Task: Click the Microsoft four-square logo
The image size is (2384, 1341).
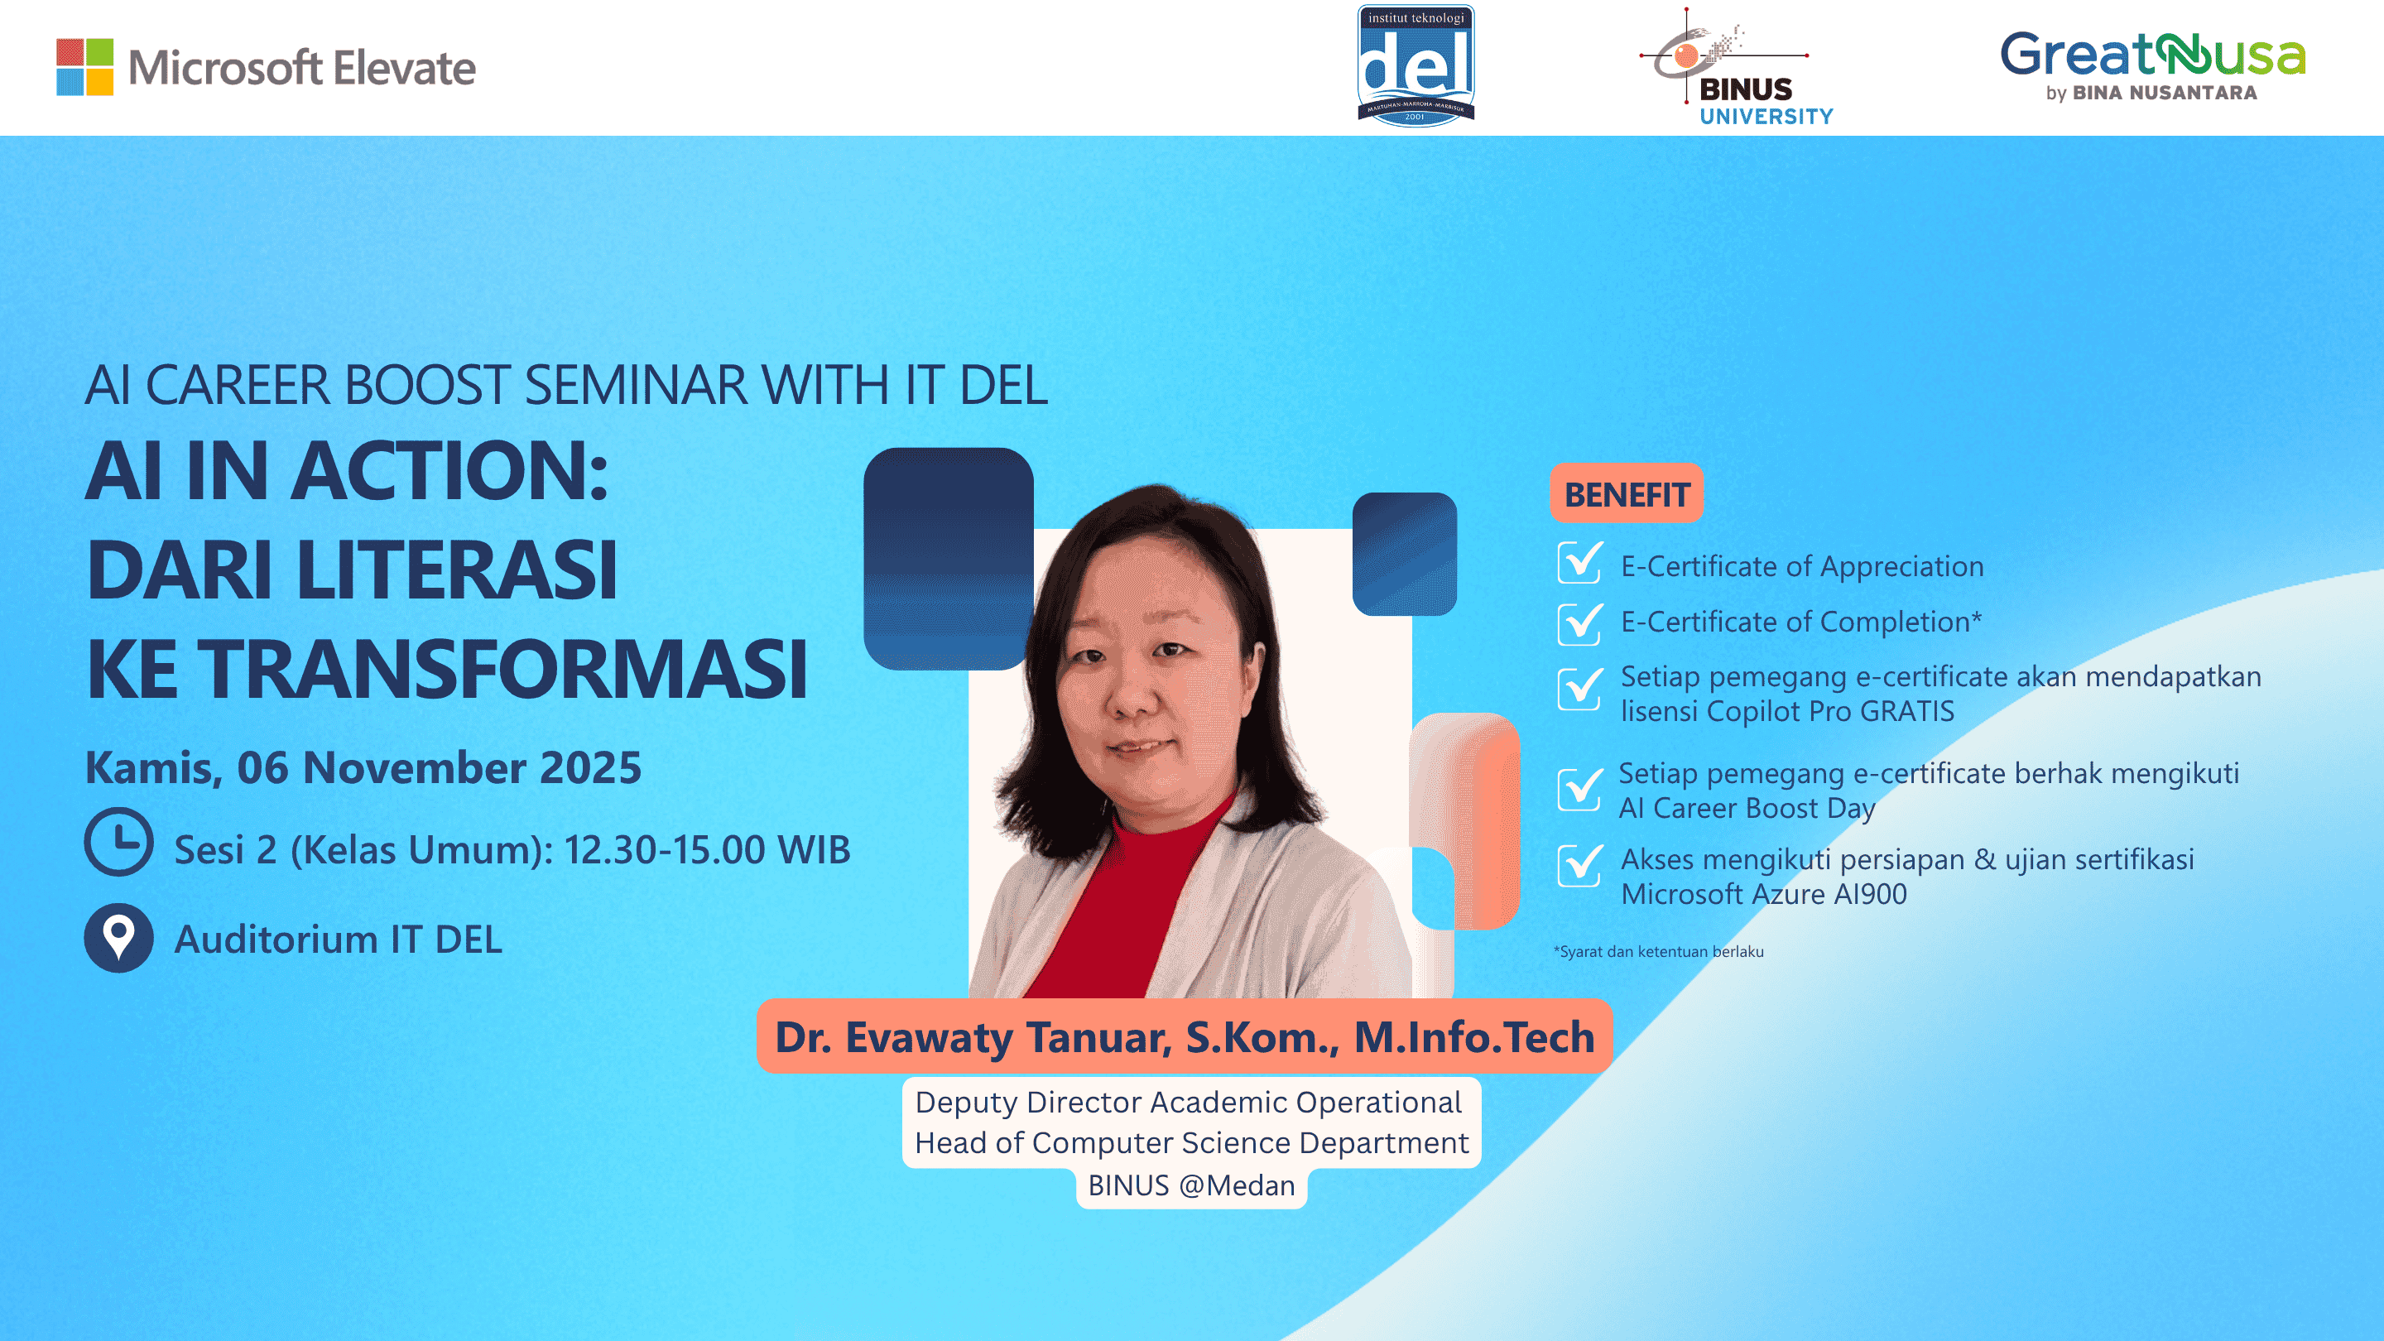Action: point(84,66)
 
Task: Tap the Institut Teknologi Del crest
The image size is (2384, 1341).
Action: point(1415,65)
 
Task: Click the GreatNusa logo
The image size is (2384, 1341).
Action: point(2151,65)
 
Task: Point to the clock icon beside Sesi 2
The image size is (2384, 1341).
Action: point(118,842)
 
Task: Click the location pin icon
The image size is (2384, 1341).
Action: point(118,938)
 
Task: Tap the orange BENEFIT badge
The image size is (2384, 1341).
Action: point(1626,494)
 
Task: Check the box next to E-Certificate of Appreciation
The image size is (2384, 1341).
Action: point(1579,564)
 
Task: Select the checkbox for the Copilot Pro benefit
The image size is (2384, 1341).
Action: point(1579,690)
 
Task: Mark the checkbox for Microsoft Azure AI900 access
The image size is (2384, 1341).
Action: point(1579,866)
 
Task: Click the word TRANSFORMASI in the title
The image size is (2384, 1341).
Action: point(502,668)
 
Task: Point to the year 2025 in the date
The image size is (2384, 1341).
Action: point(589,768)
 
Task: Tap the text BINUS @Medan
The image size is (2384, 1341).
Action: point(1191,1185)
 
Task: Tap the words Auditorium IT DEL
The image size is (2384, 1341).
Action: point(338,940)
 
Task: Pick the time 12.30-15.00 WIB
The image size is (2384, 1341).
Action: point(707,849)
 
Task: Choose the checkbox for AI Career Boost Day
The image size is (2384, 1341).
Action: point(1579,790)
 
